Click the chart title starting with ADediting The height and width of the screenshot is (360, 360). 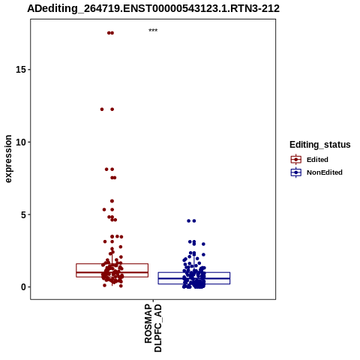(153, 9)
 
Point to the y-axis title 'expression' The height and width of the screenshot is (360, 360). (8, 159)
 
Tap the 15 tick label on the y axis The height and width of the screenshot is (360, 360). (21, 70)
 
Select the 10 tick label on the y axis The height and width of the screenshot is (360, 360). (21, 142)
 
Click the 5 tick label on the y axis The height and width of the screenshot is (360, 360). (23, 214)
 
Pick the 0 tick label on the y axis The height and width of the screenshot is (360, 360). (23, 287)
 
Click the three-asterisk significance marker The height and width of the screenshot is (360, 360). (153, 31)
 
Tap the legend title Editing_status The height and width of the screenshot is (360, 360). (320, 145)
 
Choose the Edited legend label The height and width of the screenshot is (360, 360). (317, 160)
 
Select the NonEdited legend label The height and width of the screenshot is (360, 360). (325, 172)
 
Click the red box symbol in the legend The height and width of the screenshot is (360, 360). (296, 160)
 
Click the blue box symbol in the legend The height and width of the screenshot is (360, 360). (296, 172)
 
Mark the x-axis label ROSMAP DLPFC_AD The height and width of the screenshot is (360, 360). (153, 328)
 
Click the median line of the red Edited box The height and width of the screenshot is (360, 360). (112, 272)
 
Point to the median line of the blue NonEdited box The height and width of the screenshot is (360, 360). (194, 278)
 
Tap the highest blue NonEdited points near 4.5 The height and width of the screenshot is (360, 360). (191, 220)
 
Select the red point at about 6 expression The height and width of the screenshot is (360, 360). (112, 201)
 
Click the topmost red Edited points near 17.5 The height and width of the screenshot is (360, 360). (110, 33)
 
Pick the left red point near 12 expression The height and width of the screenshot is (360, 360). (102, 109)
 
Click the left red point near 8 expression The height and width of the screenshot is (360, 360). (106, 169)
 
